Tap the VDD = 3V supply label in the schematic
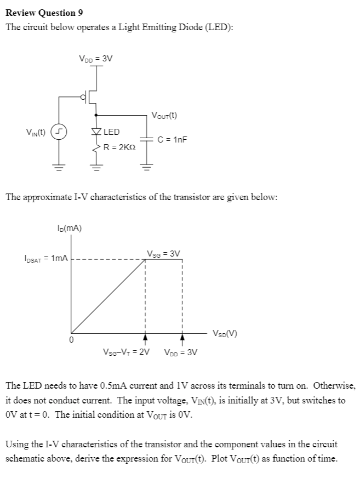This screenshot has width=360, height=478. (x=96, y=59)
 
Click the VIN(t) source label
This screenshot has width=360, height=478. (x=36, y=132)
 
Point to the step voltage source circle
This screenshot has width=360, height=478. (x=56, y=132)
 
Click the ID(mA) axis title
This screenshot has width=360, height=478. (x=70, y=229)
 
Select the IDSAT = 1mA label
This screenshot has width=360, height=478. (x=46, y=258)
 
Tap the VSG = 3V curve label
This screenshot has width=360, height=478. (x=163, y=253)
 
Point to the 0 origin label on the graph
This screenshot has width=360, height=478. (x=70, y=340)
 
